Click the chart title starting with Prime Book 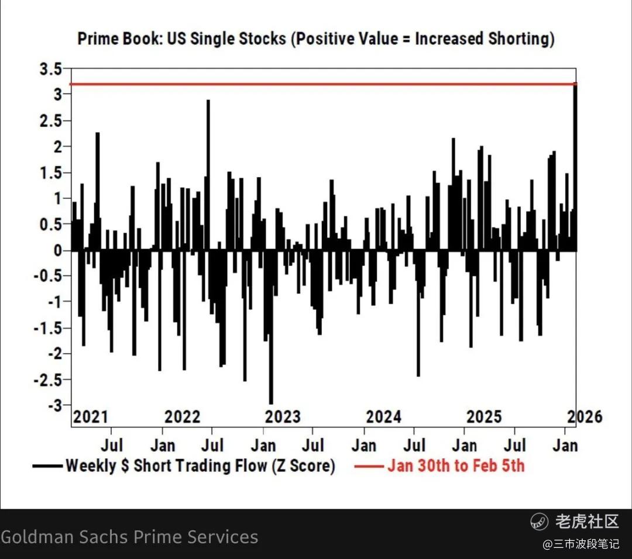316,39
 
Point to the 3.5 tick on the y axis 49,70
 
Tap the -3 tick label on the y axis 54,405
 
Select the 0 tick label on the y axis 59,251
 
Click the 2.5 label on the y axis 49,121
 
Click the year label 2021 91,417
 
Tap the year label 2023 283,417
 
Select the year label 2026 585,417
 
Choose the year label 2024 384,417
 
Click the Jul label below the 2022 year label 212,446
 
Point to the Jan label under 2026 565,446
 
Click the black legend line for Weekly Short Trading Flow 47,466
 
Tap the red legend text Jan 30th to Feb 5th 456,466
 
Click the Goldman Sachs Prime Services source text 129,537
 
